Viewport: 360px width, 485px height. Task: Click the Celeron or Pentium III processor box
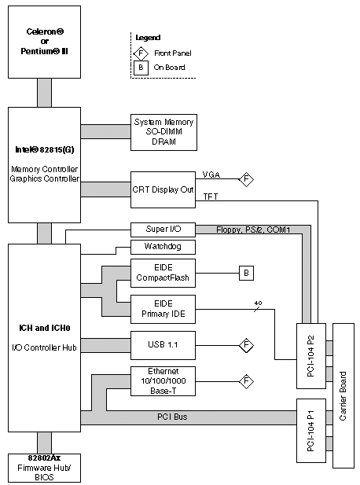(x=44, y=42)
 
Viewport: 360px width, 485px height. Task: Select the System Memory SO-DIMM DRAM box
(x=163, y=132)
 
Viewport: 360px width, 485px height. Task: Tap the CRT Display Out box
(x=163, y=189)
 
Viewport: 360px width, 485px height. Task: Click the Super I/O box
(x=163, y=230)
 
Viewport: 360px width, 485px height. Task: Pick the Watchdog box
(x=163, y=247)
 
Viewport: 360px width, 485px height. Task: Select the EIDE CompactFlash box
(x=163, y=273)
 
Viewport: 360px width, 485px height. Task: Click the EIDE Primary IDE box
(x=163, y=309)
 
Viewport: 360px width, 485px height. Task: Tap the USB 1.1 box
(x=163, y=345)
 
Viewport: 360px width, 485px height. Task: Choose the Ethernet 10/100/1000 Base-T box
(x=163, y=381)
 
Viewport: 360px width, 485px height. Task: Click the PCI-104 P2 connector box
(x=311, y=356)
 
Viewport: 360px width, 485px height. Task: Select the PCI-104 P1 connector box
(x=311, y=431)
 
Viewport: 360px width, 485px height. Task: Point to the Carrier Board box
(x=343, y=395)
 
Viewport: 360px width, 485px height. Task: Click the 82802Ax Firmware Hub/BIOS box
(x=44, y=468)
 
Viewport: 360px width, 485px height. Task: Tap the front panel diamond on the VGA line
(x=246, y=179)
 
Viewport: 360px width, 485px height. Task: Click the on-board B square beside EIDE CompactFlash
(x=246, y=273)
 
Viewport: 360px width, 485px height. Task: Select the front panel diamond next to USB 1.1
(x=246, y=345)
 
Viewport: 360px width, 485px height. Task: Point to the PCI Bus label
(x=172, y=417)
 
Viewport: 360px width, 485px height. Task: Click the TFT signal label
(x=211, y=197)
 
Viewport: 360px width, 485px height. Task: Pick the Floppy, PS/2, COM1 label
(x=253, y=230)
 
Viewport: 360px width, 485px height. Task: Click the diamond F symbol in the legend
(x=141, y=53)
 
